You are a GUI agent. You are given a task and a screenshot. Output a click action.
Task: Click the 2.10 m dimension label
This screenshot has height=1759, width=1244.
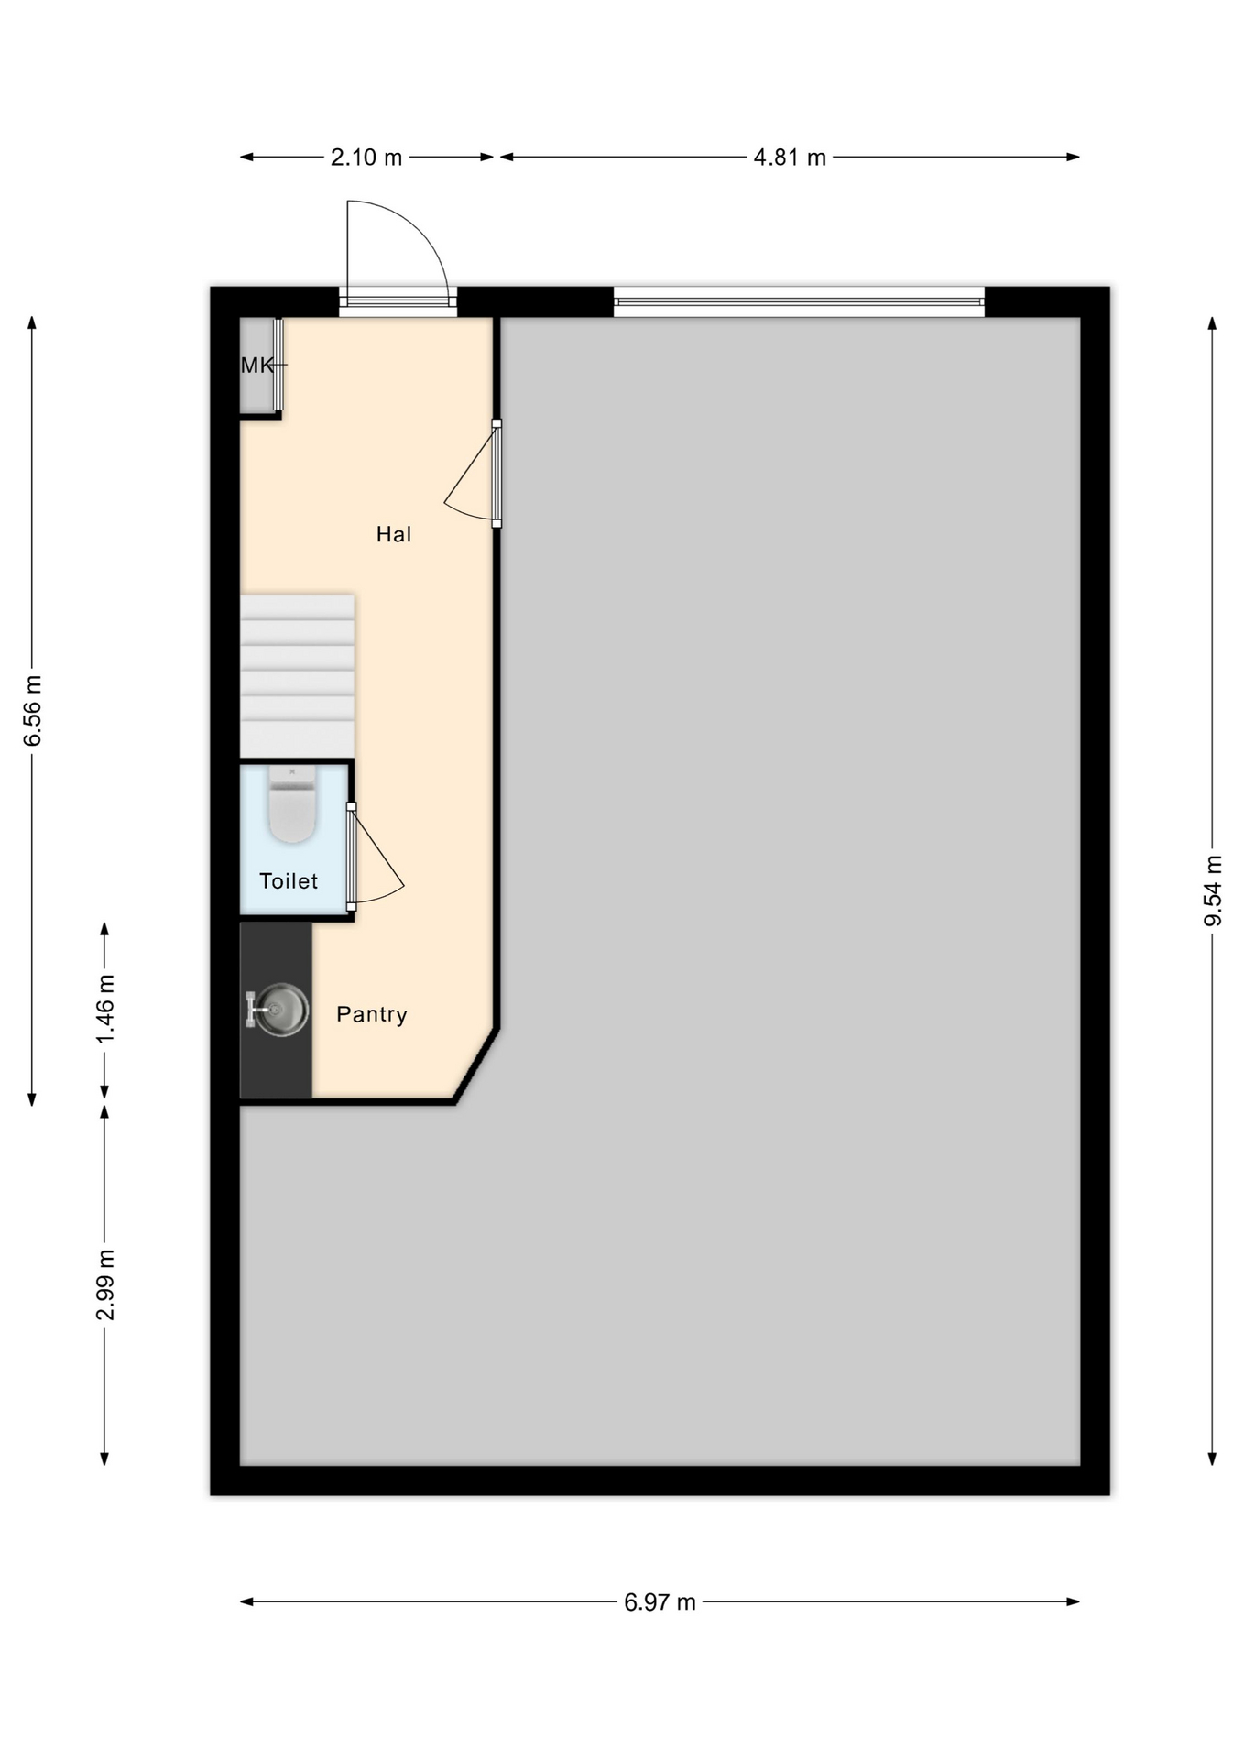point(366,158)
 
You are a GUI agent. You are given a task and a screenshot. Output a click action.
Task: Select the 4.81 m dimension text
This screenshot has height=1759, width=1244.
point(790,158)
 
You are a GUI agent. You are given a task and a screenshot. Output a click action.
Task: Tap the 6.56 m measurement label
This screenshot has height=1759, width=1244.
point(33,711)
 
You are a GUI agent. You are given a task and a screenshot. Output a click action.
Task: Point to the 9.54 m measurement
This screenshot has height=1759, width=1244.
point(1213,890)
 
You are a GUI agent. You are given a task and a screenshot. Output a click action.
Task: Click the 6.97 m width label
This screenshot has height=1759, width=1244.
point(660,1602)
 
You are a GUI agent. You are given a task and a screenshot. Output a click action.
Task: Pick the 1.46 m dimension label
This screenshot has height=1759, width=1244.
point(105,1009)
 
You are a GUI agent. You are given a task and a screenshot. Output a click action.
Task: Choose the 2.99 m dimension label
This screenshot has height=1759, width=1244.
point(105,1284)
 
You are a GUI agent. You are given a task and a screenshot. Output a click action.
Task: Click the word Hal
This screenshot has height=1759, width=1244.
point(394,534)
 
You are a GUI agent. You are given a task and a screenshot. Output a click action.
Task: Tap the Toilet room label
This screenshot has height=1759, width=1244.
point(289,881)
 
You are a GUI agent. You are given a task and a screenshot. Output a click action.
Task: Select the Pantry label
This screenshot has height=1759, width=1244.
point(372,1014)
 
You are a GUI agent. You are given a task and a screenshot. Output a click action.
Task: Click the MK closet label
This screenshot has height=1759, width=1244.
point(256,366)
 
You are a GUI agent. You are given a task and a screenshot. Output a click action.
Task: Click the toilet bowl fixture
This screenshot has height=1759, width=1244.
point(292,804)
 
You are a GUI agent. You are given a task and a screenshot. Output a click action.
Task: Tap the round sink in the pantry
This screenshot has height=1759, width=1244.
point(281,1010)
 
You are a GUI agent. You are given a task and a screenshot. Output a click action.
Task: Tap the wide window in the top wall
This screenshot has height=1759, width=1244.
point(799,301)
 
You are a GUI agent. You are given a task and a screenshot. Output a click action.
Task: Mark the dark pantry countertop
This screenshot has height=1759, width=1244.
point(276,1010)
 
